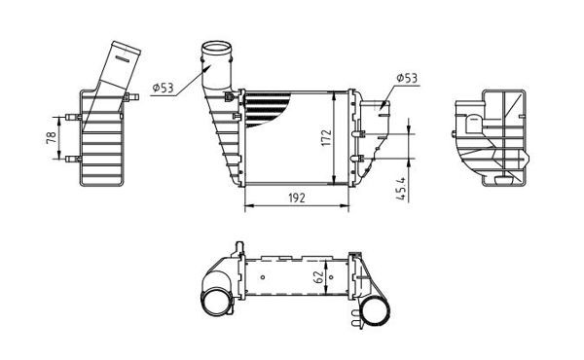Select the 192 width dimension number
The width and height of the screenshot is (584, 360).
pos(297,198)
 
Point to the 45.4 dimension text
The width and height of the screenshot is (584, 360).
pos(400,185)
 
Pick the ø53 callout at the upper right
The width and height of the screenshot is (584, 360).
pos(406,77)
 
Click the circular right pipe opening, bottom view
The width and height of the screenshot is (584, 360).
pos(376,310)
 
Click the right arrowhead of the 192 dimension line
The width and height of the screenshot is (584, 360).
pos(347,206)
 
